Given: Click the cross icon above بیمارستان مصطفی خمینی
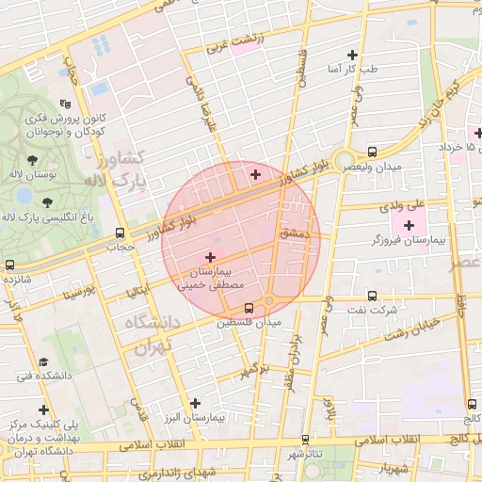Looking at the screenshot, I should [210, 256].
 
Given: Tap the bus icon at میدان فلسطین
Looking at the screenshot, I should [249, 308].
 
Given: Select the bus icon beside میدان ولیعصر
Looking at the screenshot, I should [373, 151].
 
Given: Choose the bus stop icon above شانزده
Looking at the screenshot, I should [9, 265].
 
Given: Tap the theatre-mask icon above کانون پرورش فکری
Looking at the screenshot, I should [64, 104].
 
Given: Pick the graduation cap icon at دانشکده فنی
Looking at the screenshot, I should [42, 361].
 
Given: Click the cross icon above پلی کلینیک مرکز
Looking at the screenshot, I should [43, 410].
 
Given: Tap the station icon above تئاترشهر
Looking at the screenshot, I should [305, 439].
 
